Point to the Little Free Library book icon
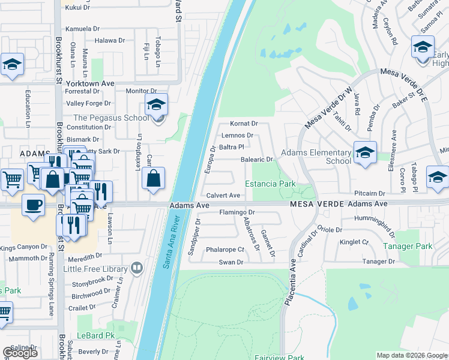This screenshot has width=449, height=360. pos(137,267)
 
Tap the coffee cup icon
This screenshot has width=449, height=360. pos(33,205)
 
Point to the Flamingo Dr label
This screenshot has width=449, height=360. pos(237,212)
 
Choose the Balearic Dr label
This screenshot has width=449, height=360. pos(257,160)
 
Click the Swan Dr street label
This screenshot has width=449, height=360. pos(231,262)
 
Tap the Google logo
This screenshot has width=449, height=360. pos(20,353)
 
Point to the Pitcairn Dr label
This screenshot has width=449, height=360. pos(369,193)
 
